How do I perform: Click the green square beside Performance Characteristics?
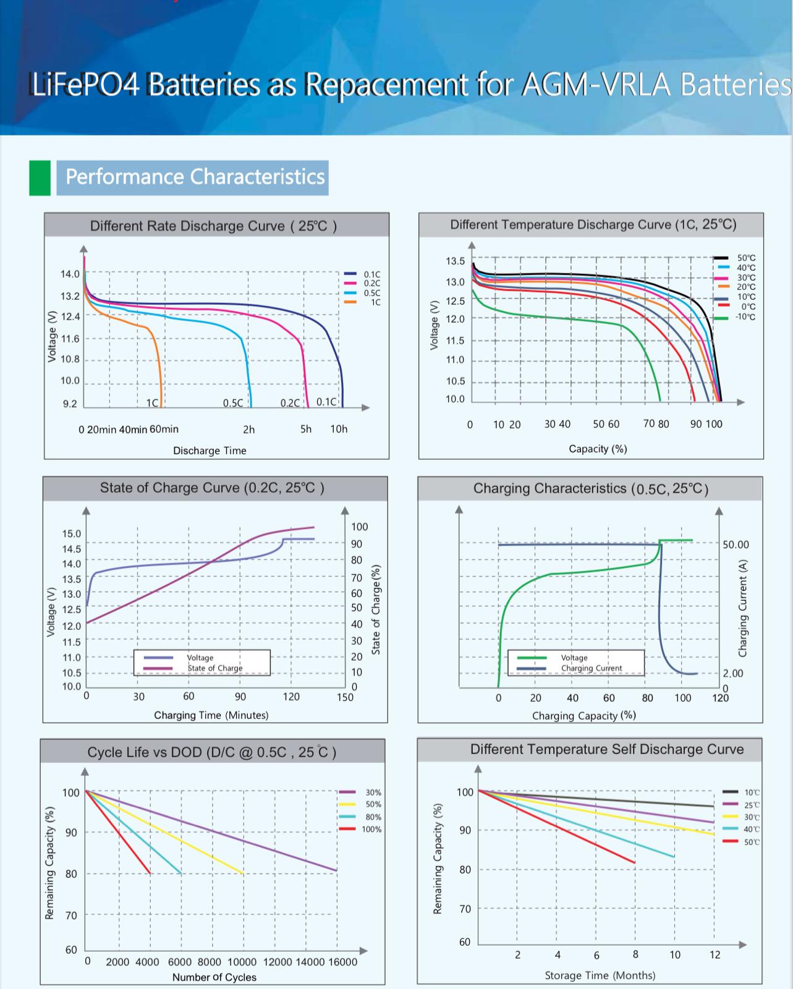[x=40, y=178]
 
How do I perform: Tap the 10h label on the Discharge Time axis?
[x=339, y=429]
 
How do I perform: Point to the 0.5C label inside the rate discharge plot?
[x=233, y=403]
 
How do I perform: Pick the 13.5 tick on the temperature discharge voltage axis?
[x=456, y=261]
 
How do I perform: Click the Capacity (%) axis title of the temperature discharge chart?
[x=598, y=449]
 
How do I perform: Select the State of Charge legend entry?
[x=214, y=668]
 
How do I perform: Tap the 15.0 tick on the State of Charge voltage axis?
[x=72, y=533]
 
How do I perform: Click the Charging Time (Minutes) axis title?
[x=211, y=715]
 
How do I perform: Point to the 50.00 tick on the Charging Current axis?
[x=736, y=545]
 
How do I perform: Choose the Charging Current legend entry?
[x=591, y=668]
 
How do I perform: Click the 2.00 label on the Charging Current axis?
[x=733, y=673]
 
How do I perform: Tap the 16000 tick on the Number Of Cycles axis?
[x=342, y=962]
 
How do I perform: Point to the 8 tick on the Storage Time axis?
[x=635, y=954]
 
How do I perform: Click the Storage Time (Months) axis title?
[x=600, y=975]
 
